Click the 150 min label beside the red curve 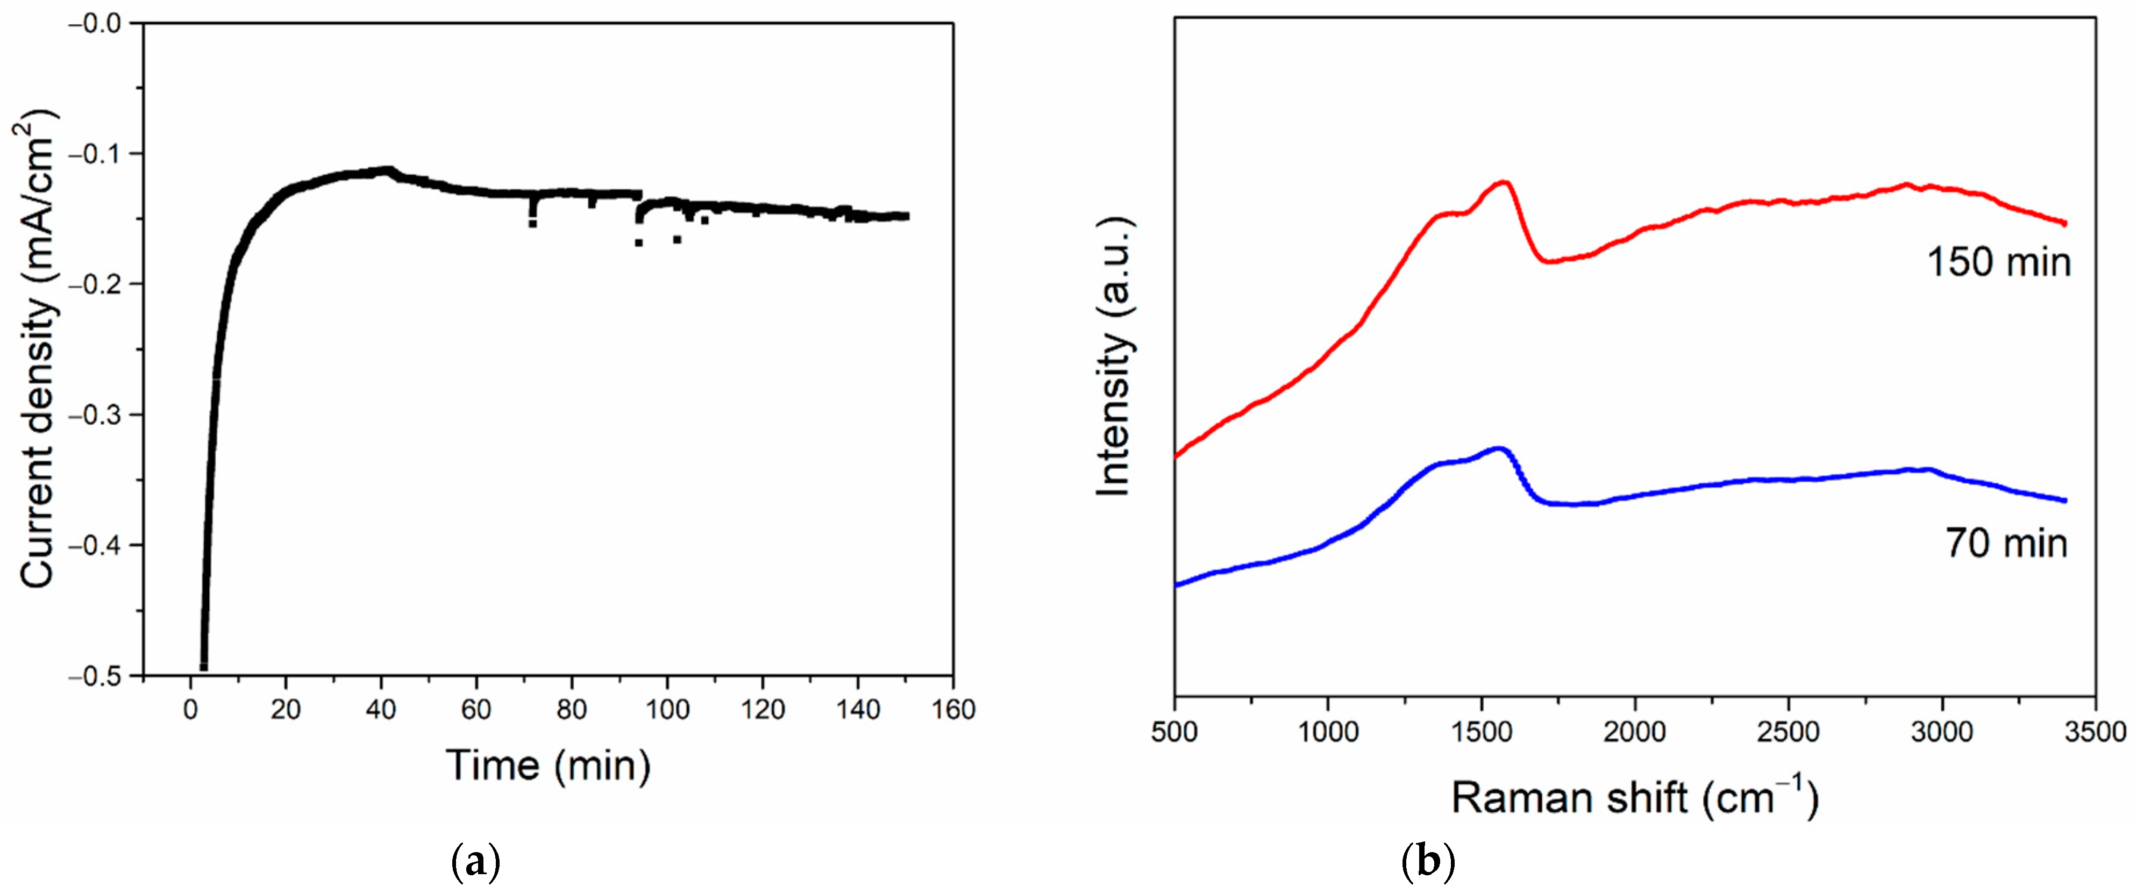coord(1998,262)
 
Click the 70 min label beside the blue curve coord(2006,544)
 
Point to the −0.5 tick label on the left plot coord(97,676)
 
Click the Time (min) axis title coord(548,765)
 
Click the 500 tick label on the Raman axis coord(1175,732)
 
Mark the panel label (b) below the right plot coord(1427,864)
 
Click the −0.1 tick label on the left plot coord(97,153)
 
